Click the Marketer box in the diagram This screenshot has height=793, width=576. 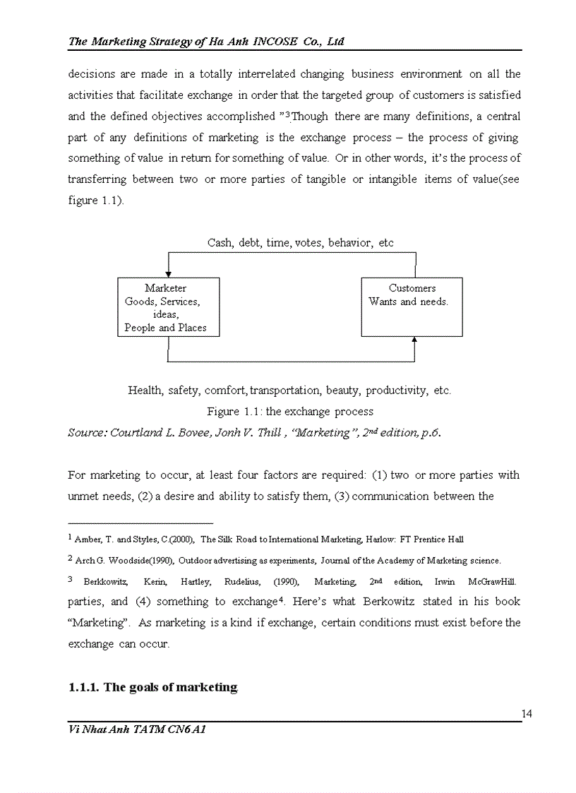(x=168, y=307)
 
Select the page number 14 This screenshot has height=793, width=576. (x=527, y=714)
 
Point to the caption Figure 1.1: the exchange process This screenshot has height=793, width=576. (x=289, y=411)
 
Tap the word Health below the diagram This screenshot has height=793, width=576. (x=145, y=390)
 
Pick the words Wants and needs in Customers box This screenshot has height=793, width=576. (x=408, y=302)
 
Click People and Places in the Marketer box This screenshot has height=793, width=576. (x=166, y=328)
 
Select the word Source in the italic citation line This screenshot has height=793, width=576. (x=85, y=432)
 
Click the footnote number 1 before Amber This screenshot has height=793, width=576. (x=70, y=538)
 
